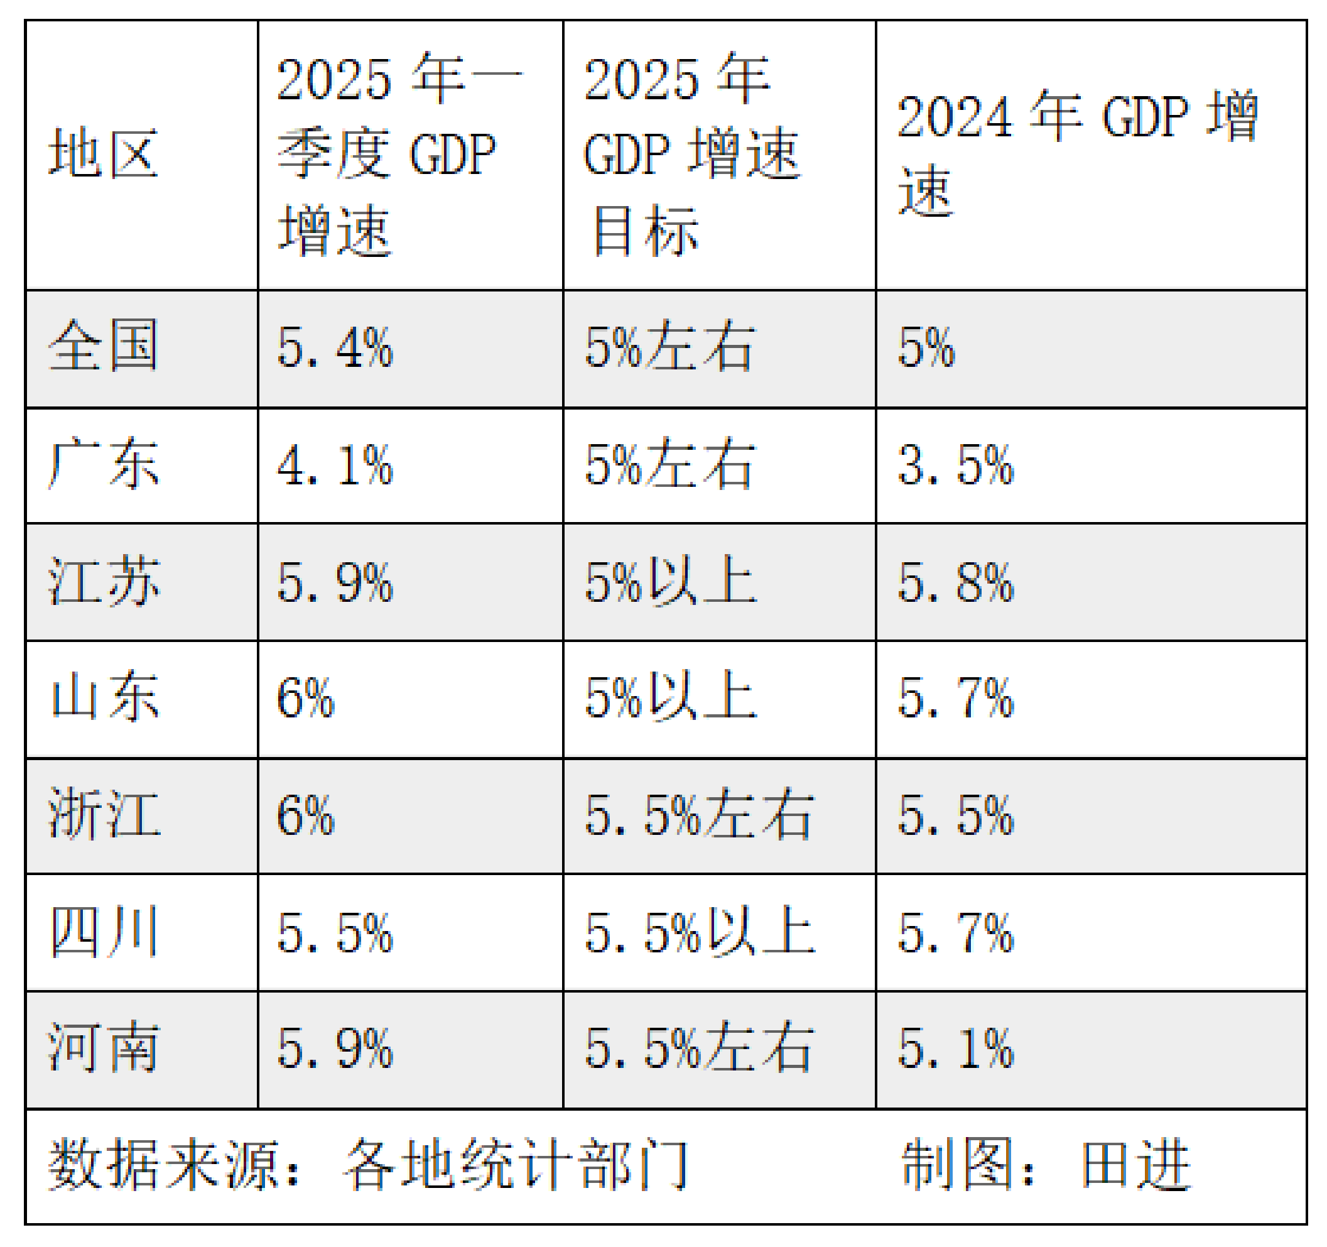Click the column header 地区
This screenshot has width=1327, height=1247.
(104, 154)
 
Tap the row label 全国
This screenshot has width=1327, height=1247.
(104, 347)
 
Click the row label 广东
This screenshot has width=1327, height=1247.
(104, 464)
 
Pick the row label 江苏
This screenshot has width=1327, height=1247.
(104, 582)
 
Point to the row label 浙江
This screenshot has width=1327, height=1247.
(104, 814)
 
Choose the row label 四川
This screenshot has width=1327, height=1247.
(104, 932)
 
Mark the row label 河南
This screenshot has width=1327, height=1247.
(104, 1048)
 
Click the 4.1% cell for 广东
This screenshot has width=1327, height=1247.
(335, 466)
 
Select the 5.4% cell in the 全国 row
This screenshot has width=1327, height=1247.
(335, 348)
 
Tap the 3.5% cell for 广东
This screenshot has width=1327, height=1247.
(955, 466)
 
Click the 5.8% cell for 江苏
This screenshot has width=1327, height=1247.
(955, 583)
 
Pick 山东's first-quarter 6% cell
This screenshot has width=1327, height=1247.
(305, 699)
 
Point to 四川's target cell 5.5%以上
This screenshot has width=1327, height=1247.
(699, 932)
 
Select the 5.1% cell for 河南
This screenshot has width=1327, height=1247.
(955, 1048)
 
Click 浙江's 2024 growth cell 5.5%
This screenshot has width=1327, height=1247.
(955, 815)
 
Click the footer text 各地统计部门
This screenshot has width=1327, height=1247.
(516, 1165)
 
